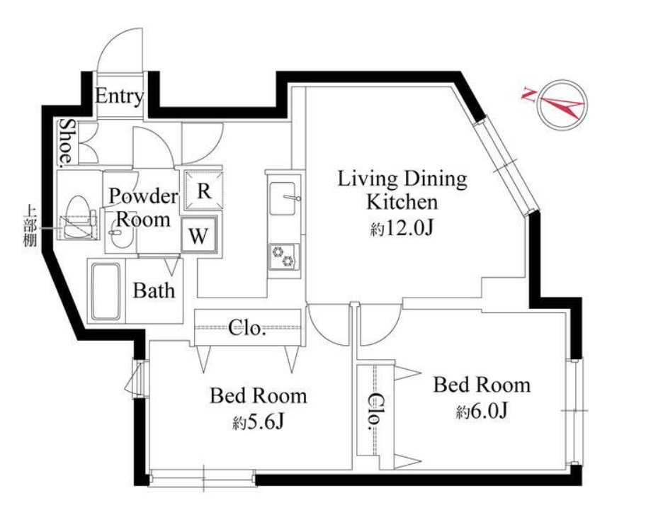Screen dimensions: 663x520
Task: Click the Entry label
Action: pyautogui.click(x=119, y=97)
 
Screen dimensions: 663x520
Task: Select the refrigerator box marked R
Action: pyautogui.click(x=204, y=191)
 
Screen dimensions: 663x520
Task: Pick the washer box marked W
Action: pyautogui.click(x=199, y=234)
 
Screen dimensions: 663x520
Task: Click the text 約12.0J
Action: pyautogui.click(x=402, y=229)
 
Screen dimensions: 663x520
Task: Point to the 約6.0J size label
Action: pyautogui.click(x=482, y=410)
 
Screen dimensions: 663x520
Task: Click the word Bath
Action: pyautogui.click(x=154, y=290)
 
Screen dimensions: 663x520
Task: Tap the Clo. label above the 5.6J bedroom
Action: pyautogui.click(x=247, y=327)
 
